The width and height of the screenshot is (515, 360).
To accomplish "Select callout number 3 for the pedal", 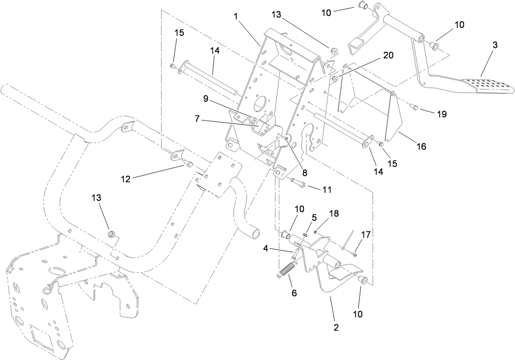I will click(495, 45).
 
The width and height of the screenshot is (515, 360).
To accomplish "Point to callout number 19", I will click(441, 114).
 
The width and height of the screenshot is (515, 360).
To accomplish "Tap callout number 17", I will click(366, 235).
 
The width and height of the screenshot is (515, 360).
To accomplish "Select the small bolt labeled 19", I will click(414, 107).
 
